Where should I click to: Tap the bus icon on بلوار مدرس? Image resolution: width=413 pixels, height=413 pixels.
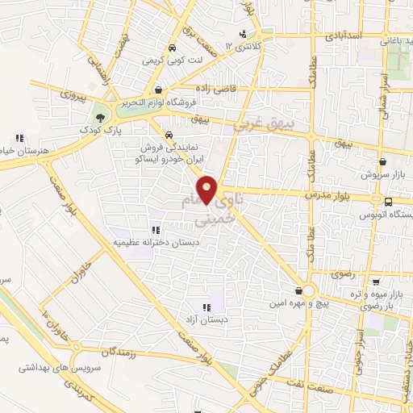tap(388, 202)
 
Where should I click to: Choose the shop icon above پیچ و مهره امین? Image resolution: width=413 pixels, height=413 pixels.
tap(299, 290)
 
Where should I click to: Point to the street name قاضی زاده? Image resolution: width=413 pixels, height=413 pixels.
tap(219, 88)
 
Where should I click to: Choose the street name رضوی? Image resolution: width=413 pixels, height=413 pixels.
tap(333, 275)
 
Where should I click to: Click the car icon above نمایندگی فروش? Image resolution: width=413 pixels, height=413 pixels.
tap(169, 135)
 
